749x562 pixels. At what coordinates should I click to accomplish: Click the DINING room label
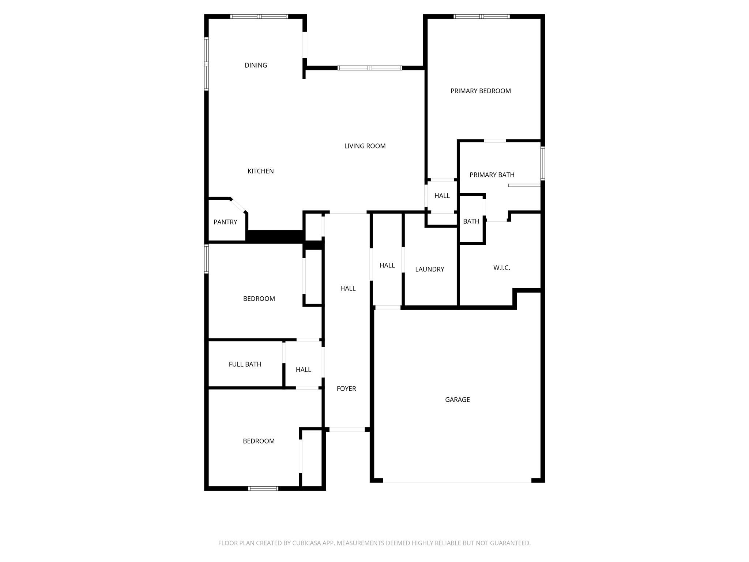[256, 65]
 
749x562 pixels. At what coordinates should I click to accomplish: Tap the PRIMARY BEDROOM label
[481, 91]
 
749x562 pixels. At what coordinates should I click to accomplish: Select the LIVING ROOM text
[365, 146]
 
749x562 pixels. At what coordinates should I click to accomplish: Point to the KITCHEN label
[261, 171]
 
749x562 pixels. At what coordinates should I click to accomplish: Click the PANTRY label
[225, 222]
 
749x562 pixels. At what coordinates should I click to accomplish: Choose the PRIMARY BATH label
[492, 175]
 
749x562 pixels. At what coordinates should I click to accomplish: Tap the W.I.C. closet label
[502, 268]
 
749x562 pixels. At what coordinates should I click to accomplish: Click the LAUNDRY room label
[430, 269]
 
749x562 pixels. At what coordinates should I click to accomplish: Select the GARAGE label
[458, 400]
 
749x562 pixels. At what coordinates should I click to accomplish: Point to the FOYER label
[346, 389]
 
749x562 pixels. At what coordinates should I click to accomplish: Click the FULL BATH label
[245, 364]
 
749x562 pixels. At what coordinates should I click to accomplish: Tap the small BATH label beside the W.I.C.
[471, 221]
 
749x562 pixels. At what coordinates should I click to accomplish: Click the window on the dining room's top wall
[259, 16]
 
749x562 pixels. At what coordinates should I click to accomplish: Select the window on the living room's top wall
[370, 68]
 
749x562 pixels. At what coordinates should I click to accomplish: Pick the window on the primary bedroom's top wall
[482, 16]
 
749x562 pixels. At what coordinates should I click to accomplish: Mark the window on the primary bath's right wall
[543, 164]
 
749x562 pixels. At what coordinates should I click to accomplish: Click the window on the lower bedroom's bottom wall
[263, 488]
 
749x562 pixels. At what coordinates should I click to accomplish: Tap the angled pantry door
[238, 205]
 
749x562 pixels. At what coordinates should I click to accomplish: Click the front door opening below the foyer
[347, 430]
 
